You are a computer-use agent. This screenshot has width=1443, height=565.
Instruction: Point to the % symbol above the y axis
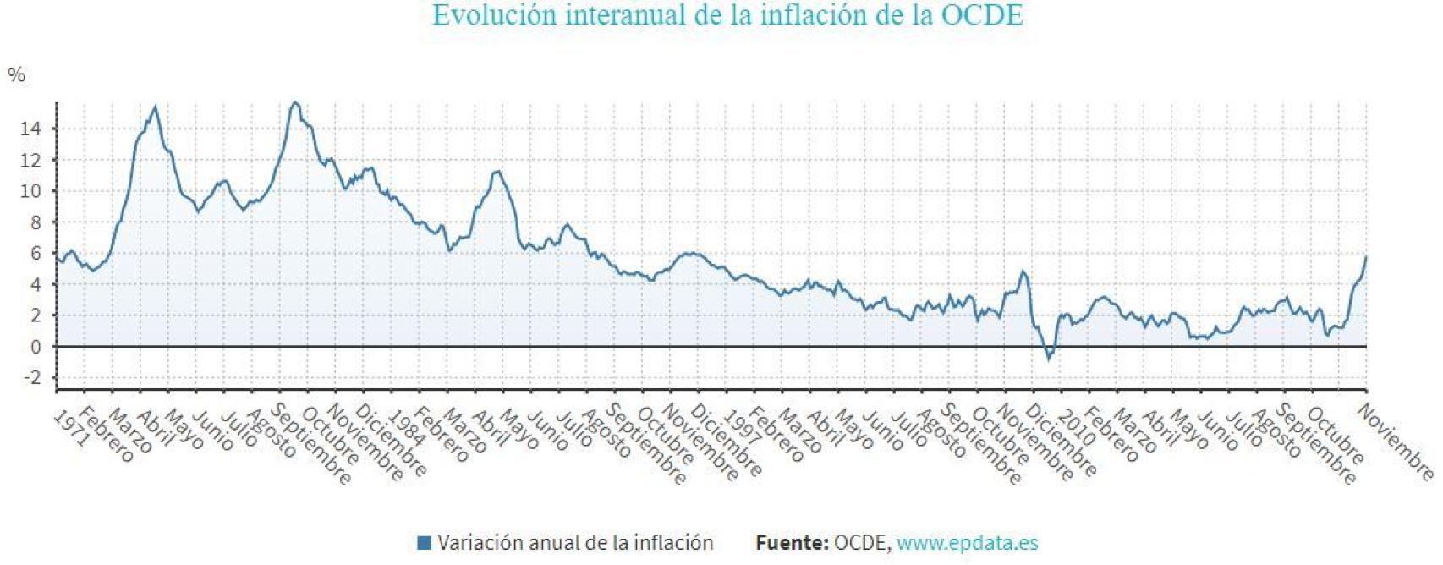[16, 75]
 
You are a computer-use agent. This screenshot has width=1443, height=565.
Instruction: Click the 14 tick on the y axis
[30, 129]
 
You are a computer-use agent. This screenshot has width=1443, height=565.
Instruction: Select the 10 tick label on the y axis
[30, 191]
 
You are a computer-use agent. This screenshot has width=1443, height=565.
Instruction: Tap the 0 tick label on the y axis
[35, 347]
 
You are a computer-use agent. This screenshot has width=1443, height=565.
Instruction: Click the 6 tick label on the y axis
[35, 254]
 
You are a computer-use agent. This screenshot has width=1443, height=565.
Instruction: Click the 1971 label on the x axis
[70, 429]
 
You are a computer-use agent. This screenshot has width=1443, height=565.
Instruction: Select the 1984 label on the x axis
[405, 429]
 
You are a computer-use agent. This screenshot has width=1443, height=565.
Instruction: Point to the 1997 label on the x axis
[740, 429]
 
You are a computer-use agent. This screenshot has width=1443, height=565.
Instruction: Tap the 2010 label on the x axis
[1075, 429]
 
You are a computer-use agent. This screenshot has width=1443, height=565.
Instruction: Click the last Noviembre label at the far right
[1396, 442]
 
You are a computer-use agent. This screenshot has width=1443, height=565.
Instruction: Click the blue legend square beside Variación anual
[425, 542]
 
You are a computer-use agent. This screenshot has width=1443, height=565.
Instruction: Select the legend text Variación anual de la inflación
[575, 542]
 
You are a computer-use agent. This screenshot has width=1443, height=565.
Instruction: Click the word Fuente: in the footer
[792, 542]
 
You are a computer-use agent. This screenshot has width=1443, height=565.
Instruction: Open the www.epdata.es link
[967, 542]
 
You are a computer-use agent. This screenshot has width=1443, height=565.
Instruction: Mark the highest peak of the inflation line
[294, 103]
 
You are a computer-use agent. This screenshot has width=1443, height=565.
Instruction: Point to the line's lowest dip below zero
[1049, 359]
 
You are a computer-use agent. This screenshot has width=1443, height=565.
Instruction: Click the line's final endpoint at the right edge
[1366, 257]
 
